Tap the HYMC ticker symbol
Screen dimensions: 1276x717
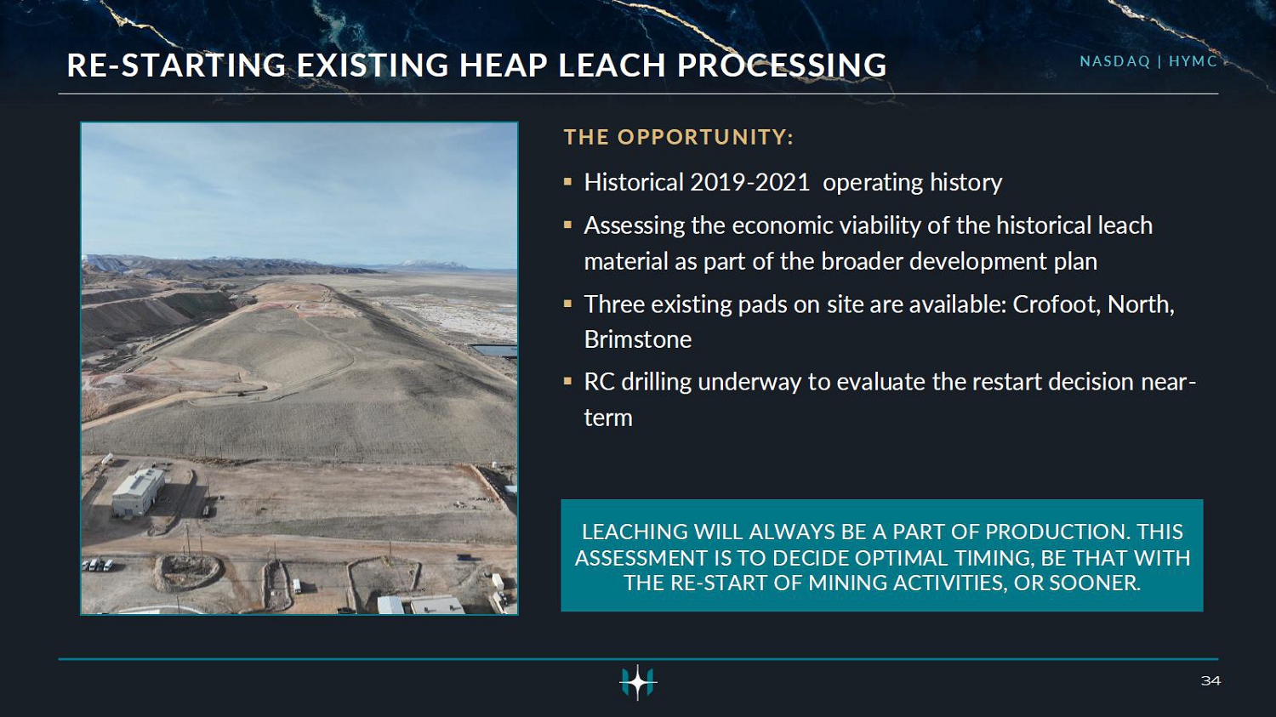(1193, 61)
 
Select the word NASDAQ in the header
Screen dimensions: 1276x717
(1114, 61)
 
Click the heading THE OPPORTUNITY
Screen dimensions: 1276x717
(679, 137)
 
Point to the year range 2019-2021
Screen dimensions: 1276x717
(749, 183)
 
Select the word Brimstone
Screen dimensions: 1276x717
(638, 340)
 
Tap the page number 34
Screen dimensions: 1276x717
(1210, 680)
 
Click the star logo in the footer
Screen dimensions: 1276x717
(638, 681)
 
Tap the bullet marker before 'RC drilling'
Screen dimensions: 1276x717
(567, 381)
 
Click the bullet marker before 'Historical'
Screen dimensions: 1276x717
(567, 182)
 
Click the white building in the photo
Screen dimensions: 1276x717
(139, 491)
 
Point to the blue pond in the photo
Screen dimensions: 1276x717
(494, 350)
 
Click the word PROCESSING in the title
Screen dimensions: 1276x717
(782, 65)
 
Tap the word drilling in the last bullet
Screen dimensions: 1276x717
(656, 382)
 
